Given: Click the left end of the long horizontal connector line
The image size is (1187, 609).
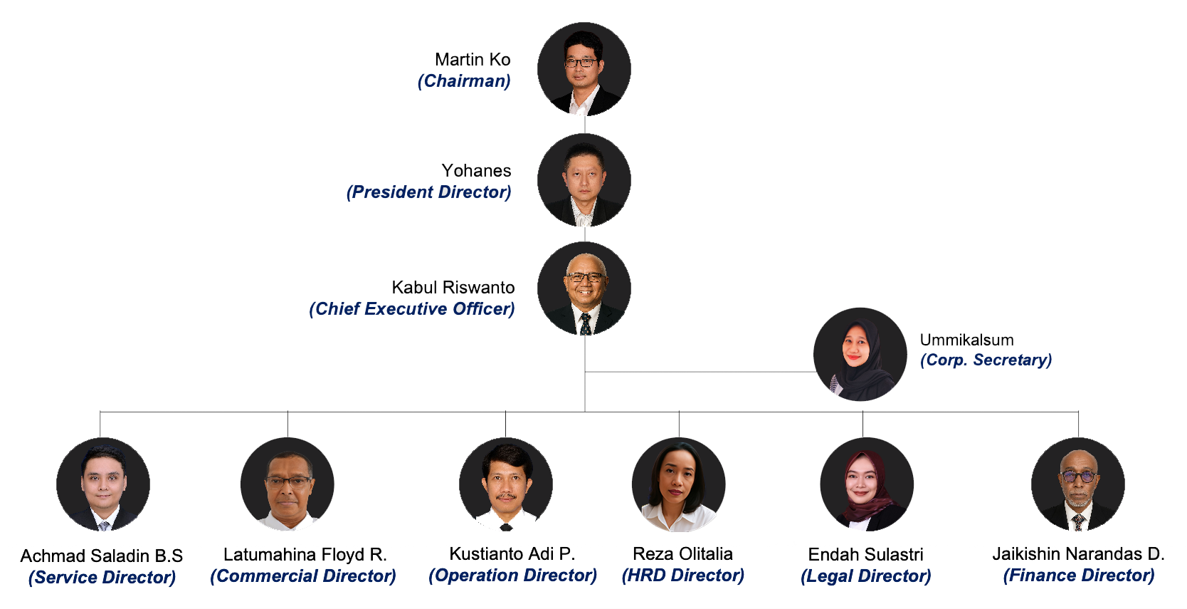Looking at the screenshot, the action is (x=100, y=412).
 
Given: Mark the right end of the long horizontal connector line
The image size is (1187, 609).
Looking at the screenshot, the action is (x=1078, y=412).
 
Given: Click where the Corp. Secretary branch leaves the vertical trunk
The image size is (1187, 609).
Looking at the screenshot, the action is (x=584, y=372).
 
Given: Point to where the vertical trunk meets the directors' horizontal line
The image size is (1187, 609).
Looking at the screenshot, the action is (x=584, y=412).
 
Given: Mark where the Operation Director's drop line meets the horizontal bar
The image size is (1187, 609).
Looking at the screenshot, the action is (x=505, y=412).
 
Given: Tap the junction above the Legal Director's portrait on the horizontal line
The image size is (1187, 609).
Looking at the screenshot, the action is (x=862, y=412).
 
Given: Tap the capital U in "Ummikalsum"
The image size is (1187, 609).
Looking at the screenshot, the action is (x=926, y=340).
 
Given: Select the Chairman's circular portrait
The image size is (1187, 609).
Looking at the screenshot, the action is (x=584, y=69).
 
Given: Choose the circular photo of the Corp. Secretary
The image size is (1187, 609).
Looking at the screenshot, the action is (x=860, y=354).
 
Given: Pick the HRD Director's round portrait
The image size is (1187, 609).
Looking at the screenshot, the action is (x=678, y=484).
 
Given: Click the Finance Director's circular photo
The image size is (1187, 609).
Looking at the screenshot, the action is (x=1078, y=484).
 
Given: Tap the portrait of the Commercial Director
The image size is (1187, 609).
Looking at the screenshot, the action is (x=287, y=484).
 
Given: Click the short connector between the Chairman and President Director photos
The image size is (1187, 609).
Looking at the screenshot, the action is (x=584, y=125).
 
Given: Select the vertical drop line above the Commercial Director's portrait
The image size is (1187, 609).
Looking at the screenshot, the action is (x=287, y=425).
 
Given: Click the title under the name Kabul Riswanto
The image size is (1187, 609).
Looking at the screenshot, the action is (x=412, y=308).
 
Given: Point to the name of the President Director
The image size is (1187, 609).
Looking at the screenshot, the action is (x=476, y=170).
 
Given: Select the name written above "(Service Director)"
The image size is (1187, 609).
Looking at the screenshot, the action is (x=101, y=556).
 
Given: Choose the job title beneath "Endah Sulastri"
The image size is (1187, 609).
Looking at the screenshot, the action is (x=866, y=576).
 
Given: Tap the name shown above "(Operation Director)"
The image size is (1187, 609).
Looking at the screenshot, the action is (x=512, y=554).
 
